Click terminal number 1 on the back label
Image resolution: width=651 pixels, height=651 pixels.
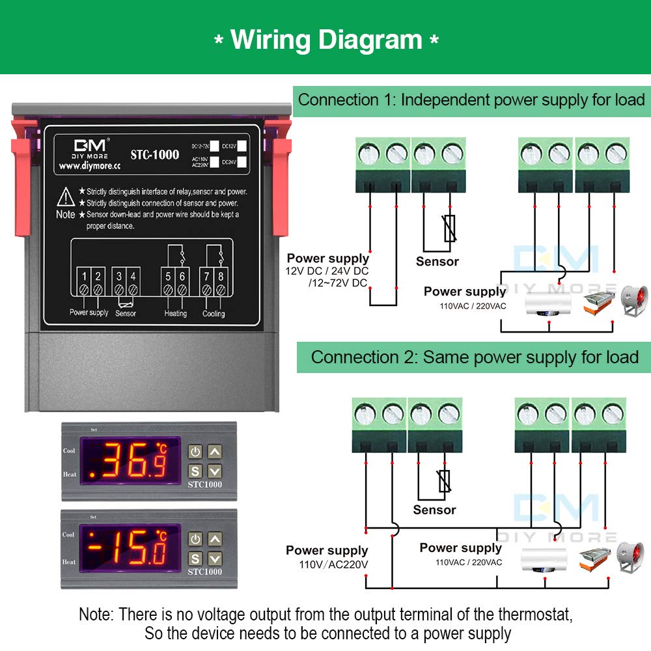pos(84,277)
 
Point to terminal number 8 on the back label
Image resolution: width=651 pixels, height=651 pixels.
pos(220,277)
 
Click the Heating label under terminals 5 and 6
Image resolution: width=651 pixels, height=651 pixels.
pos(175,313)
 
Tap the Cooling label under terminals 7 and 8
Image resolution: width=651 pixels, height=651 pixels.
pos(214,313)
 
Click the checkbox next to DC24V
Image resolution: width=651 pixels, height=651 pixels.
pos(242,161)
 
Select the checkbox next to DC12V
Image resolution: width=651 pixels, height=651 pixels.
pos(242,146)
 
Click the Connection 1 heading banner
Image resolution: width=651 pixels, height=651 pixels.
pos(471,100)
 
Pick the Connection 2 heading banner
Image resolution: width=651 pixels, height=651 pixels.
pos(474,357)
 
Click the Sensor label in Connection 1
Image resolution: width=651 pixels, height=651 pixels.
pos(437,262)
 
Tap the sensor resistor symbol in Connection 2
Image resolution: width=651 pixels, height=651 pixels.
pos(445,481)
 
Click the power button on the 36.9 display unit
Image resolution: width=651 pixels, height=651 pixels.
pos(195,451)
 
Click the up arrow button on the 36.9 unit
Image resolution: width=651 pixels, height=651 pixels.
pos(215,451)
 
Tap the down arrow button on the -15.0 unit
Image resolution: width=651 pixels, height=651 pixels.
pos(215,558)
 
